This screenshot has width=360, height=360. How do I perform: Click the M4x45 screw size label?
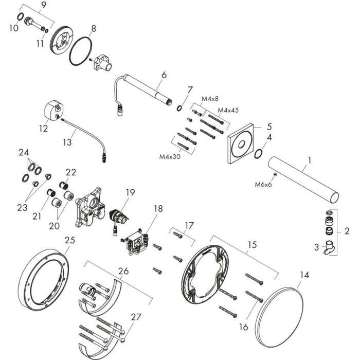pyautogui.click(x=228, y=110)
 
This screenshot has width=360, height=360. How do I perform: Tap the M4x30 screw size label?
pyautogui.click(x=170, y=156)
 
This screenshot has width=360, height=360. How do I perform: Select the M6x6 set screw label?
pyautogui.click(x=263, y=184)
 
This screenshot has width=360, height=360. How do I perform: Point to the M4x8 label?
pyautogui.click(x=210, y=99)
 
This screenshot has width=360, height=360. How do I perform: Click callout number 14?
pyautogui.click(x=304, y=275)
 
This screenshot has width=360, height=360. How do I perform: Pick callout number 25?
pyautogui.click(x=70, y=240)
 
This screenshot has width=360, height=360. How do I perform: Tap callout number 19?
pyautogui.click(x=130, y=192)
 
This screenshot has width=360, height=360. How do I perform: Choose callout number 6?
pyautogui.click(x=164, y=75)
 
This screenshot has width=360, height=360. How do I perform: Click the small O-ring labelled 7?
pyautogui.click(x=179, y=107)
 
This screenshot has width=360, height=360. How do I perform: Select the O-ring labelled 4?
pyautogui.click(x=259, y=154)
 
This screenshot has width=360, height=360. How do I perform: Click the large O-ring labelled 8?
pyautogui.click(x=81, y=51)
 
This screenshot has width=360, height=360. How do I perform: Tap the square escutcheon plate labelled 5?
pyautogui.click(x=241, y=143)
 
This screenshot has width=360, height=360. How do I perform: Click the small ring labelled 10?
pyautogui.click(x=20, y=16)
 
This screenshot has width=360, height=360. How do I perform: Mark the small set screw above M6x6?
pyautogui.click(x=274, y=175)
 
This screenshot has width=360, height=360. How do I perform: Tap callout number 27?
pyautogui.click(x=136, y=317)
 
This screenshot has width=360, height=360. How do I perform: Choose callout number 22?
pyautogui.click(x=71, y=172)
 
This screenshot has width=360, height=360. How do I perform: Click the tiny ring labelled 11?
pyautogui.click(x=47, y=31)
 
